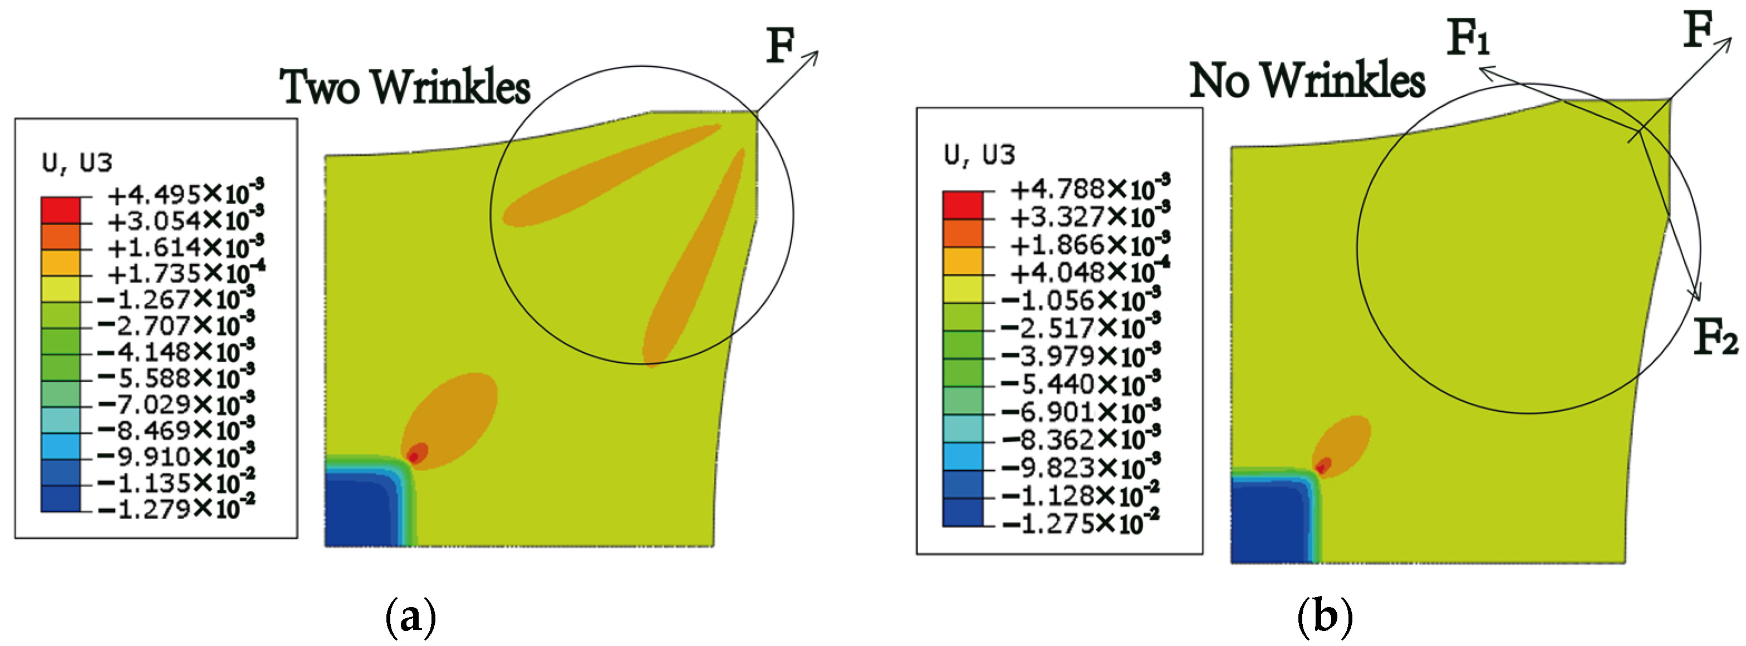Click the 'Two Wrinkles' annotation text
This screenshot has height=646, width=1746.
[x=405, y=87]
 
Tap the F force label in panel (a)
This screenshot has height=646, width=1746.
[x=780, y=46]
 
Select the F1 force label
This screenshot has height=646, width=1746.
[x=1468, y=37]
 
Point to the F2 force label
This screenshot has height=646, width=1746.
[x=1715, y=337]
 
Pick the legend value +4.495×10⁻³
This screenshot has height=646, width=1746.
[x=185, y=194]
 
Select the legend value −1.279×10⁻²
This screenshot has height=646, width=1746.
[x=176, y=507]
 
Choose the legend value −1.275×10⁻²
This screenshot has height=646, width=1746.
[x=1081, y=523]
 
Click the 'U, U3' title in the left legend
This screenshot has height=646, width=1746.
[x=77, y=163]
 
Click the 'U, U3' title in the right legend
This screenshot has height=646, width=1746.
[x=979, y=155]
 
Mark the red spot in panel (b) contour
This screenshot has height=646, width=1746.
[x=1322, y=465]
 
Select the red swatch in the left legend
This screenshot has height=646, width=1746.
[x=60, y=210]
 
